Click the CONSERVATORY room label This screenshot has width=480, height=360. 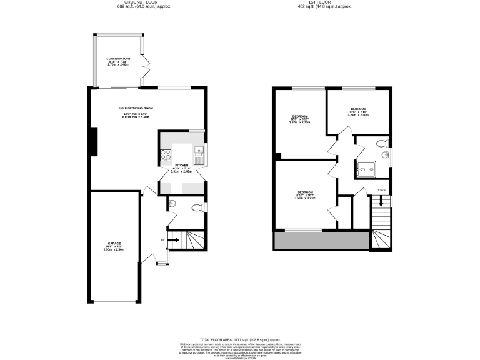coord(119,59)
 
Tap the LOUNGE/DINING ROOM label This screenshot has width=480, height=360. coord(136,108)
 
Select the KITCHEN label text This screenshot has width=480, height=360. coord(182,165)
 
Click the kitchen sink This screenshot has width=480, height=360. coord(198,152)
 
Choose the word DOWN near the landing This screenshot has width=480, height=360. coord(381,189)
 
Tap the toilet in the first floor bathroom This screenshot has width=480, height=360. coord(382,144)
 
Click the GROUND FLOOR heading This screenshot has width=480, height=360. coord(144,2)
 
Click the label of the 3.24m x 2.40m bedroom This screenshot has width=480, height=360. coord(359,109)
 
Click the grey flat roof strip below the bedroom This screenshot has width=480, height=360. coord(321,240)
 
